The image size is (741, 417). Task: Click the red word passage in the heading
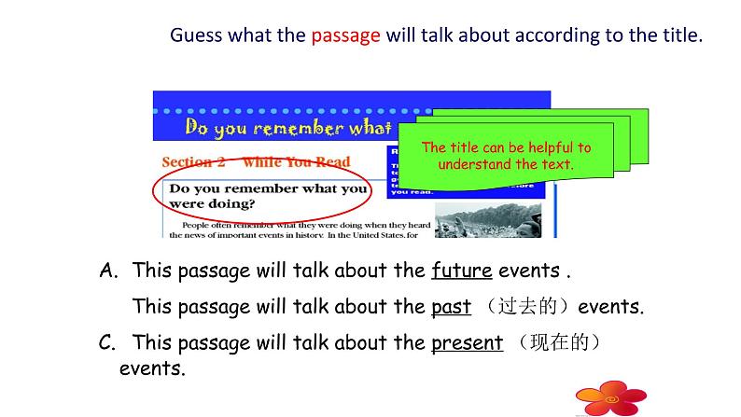345,36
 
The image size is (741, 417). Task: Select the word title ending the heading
677,36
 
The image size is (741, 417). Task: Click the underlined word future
461,271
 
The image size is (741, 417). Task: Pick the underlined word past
451,307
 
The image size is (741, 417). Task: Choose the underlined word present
467,342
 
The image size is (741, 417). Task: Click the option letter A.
108,271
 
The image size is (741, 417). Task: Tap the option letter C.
107,342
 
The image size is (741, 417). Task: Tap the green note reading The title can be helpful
506,156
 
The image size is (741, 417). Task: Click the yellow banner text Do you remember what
289,127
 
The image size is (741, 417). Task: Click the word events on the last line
152,368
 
